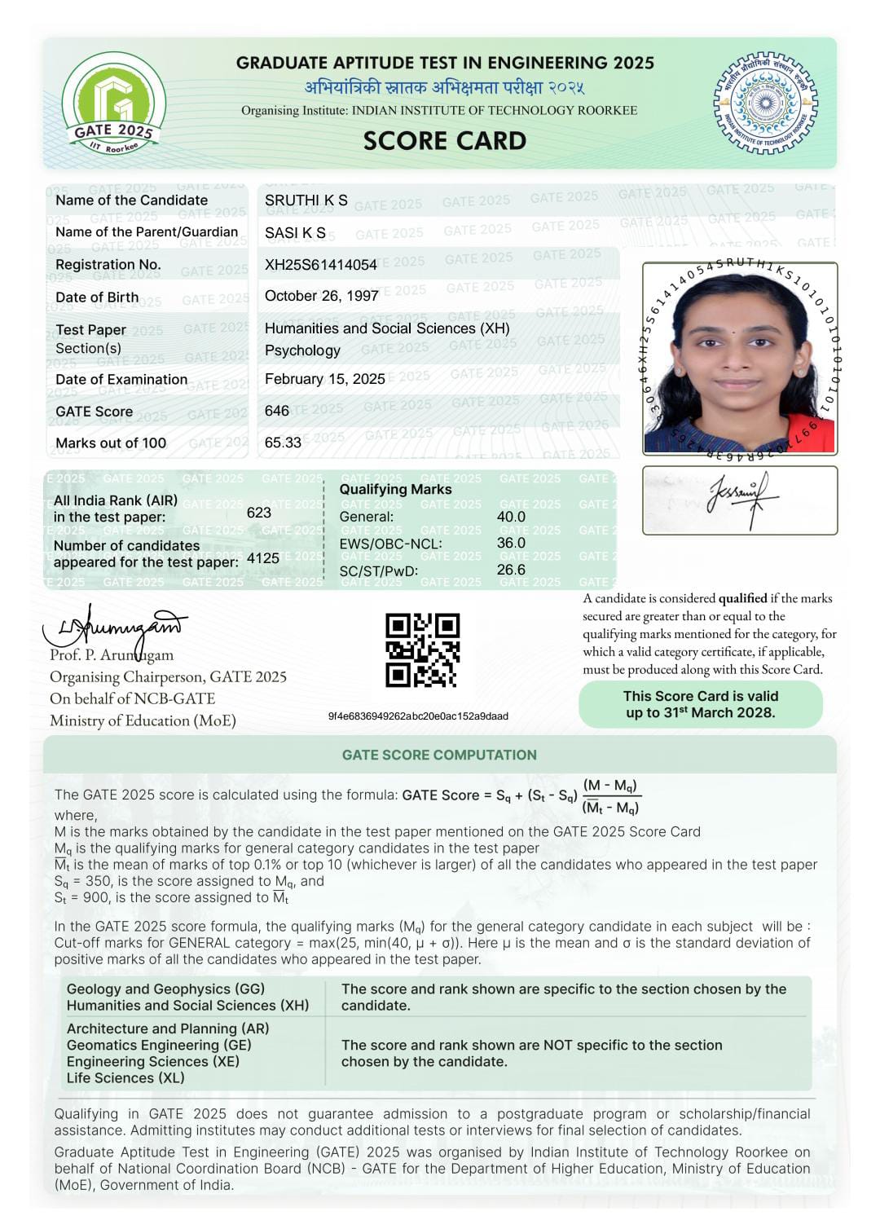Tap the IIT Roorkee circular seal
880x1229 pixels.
coord(765,103)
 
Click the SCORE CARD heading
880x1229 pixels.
coord(445,141)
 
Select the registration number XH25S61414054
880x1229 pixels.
coord(321,264)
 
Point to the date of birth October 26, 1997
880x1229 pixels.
coord(321,296)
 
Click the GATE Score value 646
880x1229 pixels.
coord(277,411)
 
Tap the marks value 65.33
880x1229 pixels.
coord(283,443)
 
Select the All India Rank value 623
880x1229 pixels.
coord(259,513)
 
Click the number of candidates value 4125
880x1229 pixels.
coord(263,558)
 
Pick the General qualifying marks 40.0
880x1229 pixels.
coord(511,517)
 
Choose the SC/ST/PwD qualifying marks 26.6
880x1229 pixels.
coord(511,570)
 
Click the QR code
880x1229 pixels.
coord(422,650)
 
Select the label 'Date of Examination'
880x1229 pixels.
coord(121,379)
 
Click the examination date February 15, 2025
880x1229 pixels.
coord(325,379)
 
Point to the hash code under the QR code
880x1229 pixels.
coord(418,716)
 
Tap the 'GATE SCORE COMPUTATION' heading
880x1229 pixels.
coord(439,755)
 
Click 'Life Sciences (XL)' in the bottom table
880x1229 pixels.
coord(125,1077)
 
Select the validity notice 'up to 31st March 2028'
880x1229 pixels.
coord(700,712)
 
